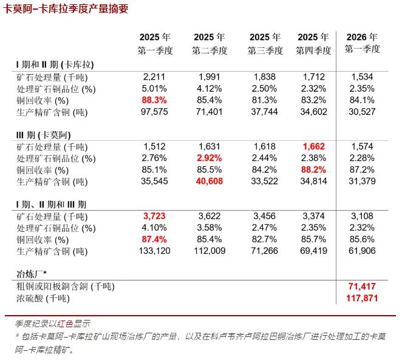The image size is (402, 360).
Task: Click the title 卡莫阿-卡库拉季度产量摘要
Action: [x=66, y=9]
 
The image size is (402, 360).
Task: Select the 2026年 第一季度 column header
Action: [x=362, y=43]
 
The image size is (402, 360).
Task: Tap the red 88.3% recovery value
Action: [x=154, y=100]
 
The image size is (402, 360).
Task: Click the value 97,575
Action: [x=154, y=112]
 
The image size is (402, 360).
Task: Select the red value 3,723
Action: [x=154, y=217]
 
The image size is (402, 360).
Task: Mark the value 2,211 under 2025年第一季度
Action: [x=154, y=77]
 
